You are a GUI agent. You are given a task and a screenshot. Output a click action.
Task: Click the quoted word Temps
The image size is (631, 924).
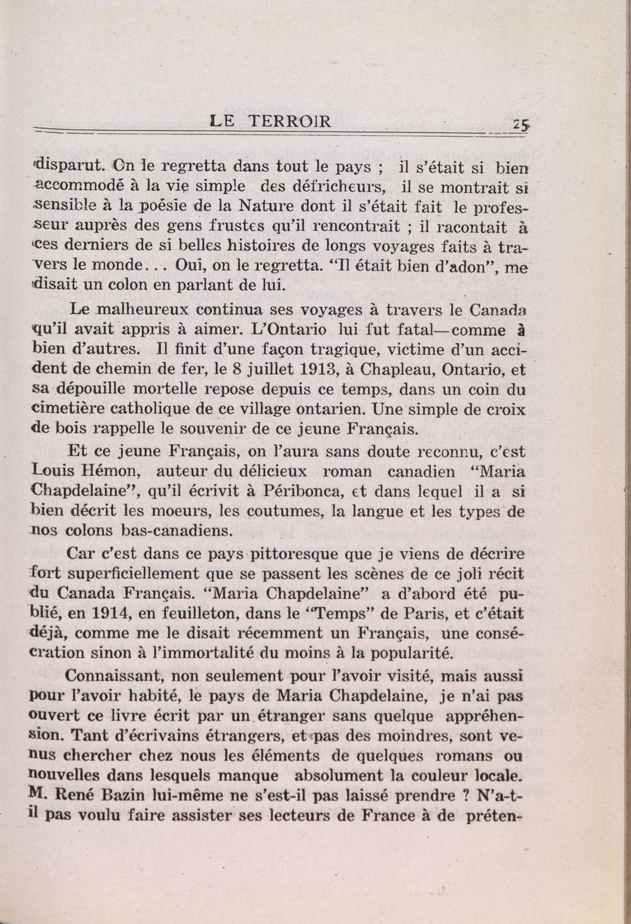click(330, 612)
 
